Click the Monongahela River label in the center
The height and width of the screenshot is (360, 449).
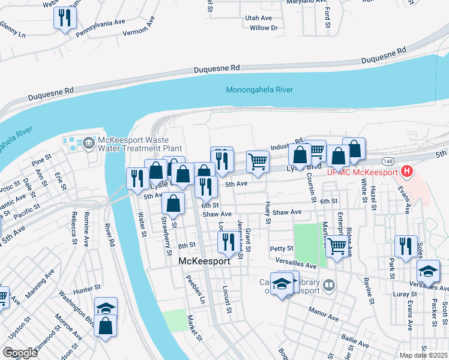coord(259,90)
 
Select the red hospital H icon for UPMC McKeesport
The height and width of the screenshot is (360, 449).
coord(408,172)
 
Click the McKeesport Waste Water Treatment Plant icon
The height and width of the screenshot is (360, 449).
coord(89,142)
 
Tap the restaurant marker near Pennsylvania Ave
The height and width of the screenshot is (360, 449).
coord(65,18)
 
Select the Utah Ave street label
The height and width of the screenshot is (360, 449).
coord(258,19)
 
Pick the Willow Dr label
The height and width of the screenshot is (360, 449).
coord(264,28)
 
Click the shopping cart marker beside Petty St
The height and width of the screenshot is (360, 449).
coord(338,245)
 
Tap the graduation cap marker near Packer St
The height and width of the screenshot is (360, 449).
coord(428,272)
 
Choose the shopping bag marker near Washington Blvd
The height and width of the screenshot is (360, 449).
coord(106,326)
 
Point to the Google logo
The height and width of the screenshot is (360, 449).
coord(20,353)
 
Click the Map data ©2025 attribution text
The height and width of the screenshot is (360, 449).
coord(423,355)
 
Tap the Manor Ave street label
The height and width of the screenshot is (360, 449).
coord(321,311)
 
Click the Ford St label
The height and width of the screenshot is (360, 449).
coord(328,17)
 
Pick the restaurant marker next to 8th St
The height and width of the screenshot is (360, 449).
coord(227,242)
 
